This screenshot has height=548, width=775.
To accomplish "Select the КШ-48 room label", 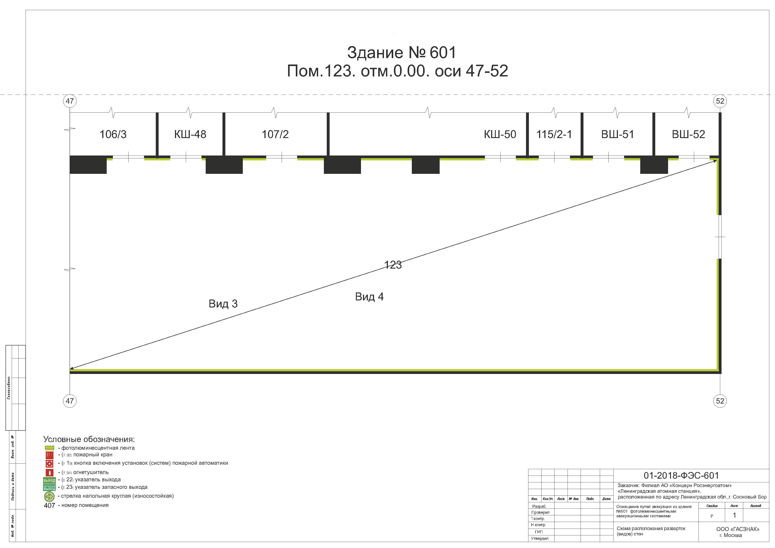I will [x=190, y=134].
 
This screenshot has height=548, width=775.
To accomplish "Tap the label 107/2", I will [x=275, y=134].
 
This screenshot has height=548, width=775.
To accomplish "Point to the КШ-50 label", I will [x=500, y=134].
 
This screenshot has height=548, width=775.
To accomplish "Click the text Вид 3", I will [x=223, y=304].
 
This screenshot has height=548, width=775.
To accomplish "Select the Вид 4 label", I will [x=369, y=297].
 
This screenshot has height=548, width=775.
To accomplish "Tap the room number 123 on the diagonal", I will [x=393, y=265].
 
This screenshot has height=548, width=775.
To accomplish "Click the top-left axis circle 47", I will [x=70, y=101].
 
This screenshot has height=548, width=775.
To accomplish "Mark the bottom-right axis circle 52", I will [x=720, y=401].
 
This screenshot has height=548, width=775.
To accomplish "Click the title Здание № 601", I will [x=402, y=53].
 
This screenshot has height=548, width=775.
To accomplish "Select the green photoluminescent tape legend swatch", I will [x=50, y=448].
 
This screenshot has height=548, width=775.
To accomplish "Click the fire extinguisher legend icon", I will [x=50, y=472].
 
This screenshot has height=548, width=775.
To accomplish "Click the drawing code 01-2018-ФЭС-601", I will [x=681, y=476].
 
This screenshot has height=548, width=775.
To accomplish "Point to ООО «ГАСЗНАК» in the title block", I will [x=737, y=529].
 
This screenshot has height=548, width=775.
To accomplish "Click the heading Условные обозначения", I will [x=89, y=439].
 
